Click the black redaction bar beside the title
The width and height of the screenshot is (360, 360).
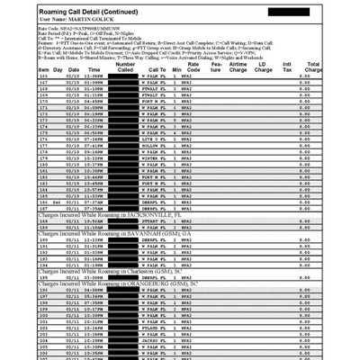click(289, 10)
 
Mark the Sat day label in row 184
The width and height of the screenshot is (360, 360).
click(57, 202)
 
